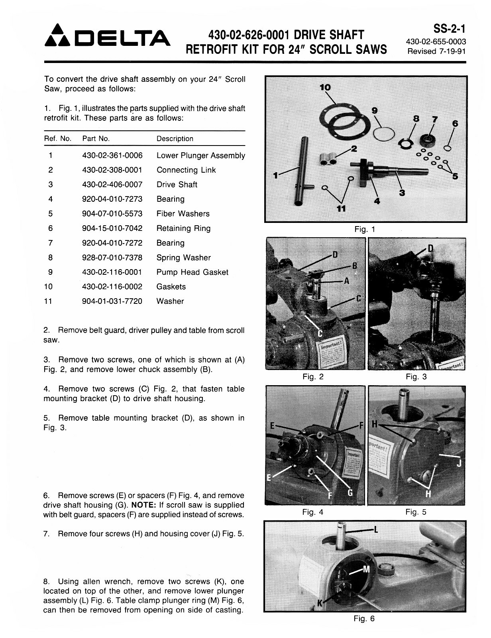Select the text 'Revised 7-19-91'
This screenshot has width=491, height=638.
click(436, 51)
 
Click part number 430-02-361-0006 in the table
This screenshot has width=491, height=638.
click(112, 156)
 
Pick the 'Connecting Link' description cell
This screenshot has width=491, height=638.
click(186, 170)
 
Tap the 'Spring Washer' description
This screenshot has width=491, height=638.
click(183, 258)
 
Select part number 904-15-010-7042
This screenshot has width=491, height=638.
click(112, 228)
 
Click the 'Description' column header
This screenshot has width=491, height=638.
click(175, 139)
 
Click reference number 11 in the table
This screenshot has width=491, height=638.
click(48, 301)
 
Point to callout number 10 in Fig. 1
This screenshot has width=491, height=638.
click(325, 87)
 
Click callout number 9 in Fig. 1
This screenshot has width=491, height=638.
click(374, 110)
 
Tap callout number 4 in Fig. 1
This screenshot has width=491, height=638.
click(377, 201)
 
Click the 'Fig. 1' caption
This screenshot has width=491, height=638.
click(365, 229)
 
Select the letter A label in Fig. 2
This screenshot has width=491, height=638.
click(346, 281)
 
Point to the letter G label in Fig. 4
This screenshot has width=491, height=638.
click(350, 492)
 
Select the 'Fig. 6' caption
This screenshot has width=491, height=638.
click(364, 618)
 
